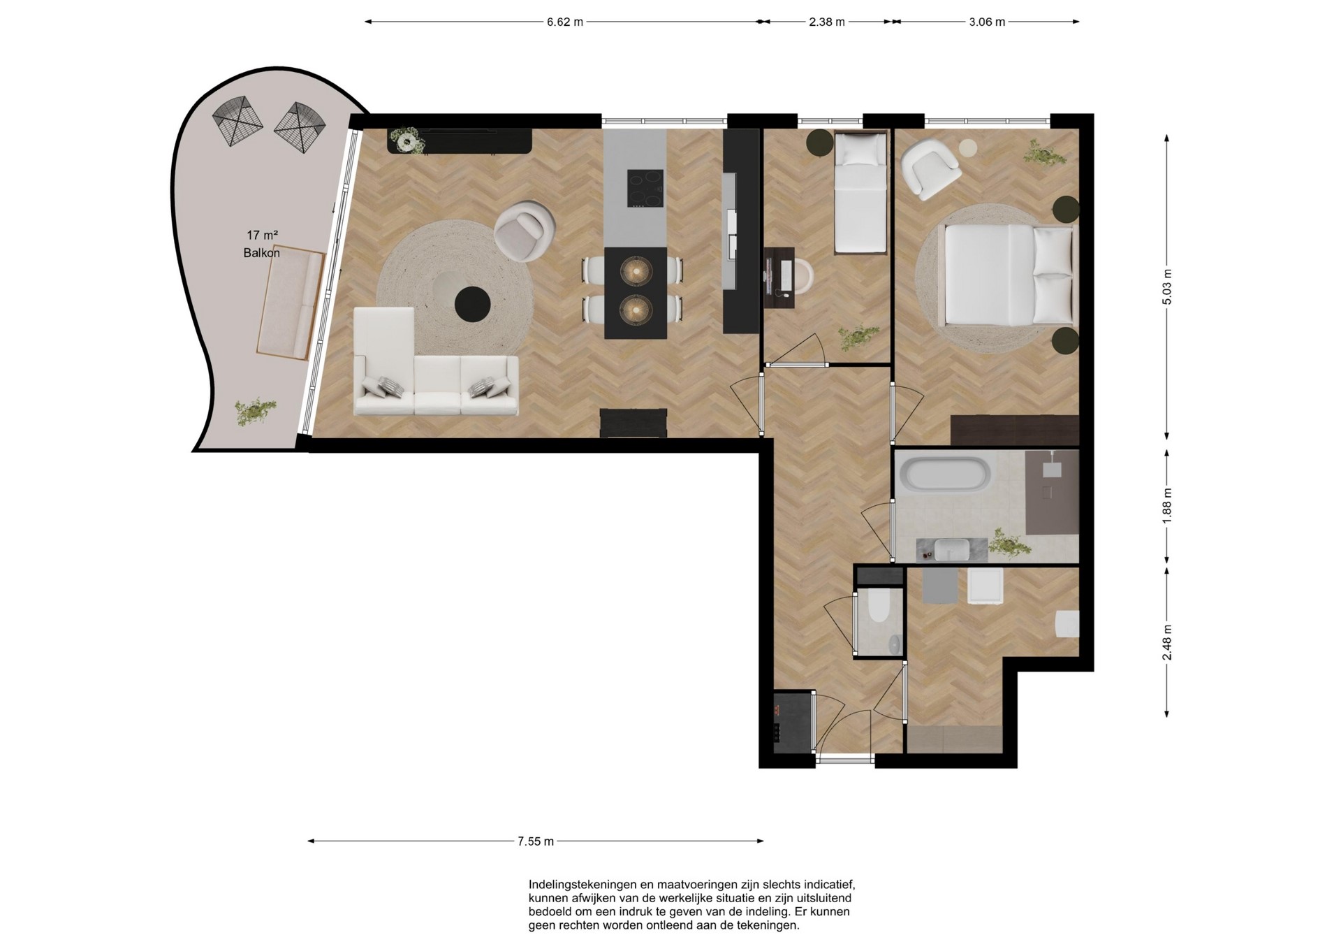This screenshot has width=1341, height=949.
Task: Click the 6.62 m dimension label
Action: tap(564, 22)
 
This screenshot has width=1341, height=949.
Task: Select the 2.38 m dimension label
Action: tap(827, 22)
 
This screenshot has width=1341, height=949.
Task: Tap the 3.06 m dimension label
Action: tap(987, 22)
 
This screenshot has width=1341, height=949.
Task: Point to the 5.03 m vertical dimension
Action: tap(1167, 287)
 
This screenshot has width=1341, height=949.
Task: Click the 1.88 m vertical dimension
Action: tap(1167, 506)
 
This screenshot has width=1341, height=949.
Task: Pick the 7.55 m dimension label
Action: tap(536, 841)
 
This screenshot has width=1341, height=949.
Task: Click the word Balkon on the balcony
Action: tap(261, 253)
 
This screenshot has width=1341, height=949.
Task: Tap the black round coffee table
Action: tap(473, 305)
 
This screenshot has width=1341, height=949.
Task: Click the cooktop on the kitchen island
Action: tap(645, 188)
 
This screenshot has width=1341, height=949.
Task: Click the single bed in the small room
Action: tap(860, 192)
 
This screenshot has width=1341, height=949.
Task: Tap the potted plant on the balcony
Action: tap(255, 412)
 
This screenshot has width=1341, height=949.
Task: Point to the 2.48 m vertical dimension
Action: tap(1167, 642)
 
